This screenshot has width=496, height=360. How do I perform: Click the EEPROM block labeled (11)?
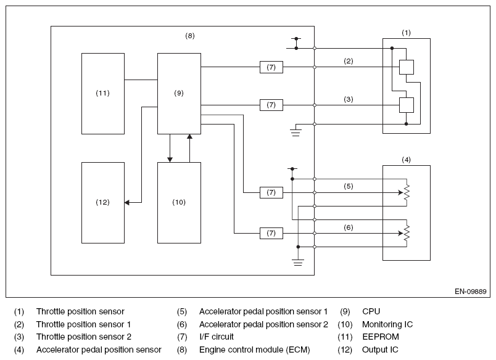click(x=103, y=94)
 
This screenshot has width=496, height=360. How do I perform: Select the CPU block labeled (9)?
click(x=179, y=94)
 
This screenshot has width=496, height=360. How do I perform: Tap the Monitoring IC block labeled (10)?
click(x=179, y=203)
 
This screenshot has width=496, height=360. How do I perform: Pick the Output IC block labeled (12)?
click(x=103, y=203)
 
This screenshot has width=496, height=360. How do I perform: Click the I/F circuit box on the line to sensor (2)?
click(x=271, y=67)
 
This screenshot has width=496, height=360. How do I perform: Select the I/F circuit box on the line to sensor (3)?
click(x=271, y=105)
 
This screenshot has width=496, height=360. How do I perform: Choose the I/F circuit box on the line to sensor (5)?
click(x=271, y=192)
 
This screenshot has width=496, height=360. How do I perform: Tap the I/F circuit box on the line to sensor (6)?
click(x=271, y=233)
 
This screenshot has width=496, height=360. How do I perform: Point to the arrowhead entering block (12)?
click(x=127, y=202)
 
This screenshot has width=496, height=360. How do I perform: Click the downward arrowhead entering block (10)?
click(x=170, y=160)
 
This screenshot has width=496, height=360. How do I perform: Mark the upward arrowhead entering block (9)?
click(x=189, y=136)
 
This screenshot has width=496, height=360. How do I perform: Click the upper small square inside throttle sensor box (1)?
click(x=406, y=67)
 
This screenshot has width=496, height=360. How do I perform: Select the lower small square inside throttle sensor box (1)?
click(x=406, y=105)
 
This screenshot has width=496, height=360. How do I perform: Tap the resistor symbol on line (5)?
click(x=407, y=192)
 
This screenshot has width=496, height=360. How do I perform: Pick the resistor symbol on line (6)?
click(x=407, y=233)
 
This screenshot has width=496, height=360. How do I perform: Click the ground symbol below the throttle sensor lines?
click(x=296, y=133)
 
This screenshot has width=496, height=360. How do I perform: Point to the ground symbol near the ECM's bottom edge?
click(x=298, y=263)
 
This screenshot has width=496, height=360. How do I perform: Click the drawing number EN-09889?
click(x=470, y=292)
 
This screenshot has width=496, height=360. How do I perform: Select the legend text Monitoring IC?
click(x=387, y=325)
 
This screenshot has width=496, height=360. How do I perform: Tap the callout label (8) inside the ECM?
click(x=190, y=36)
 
